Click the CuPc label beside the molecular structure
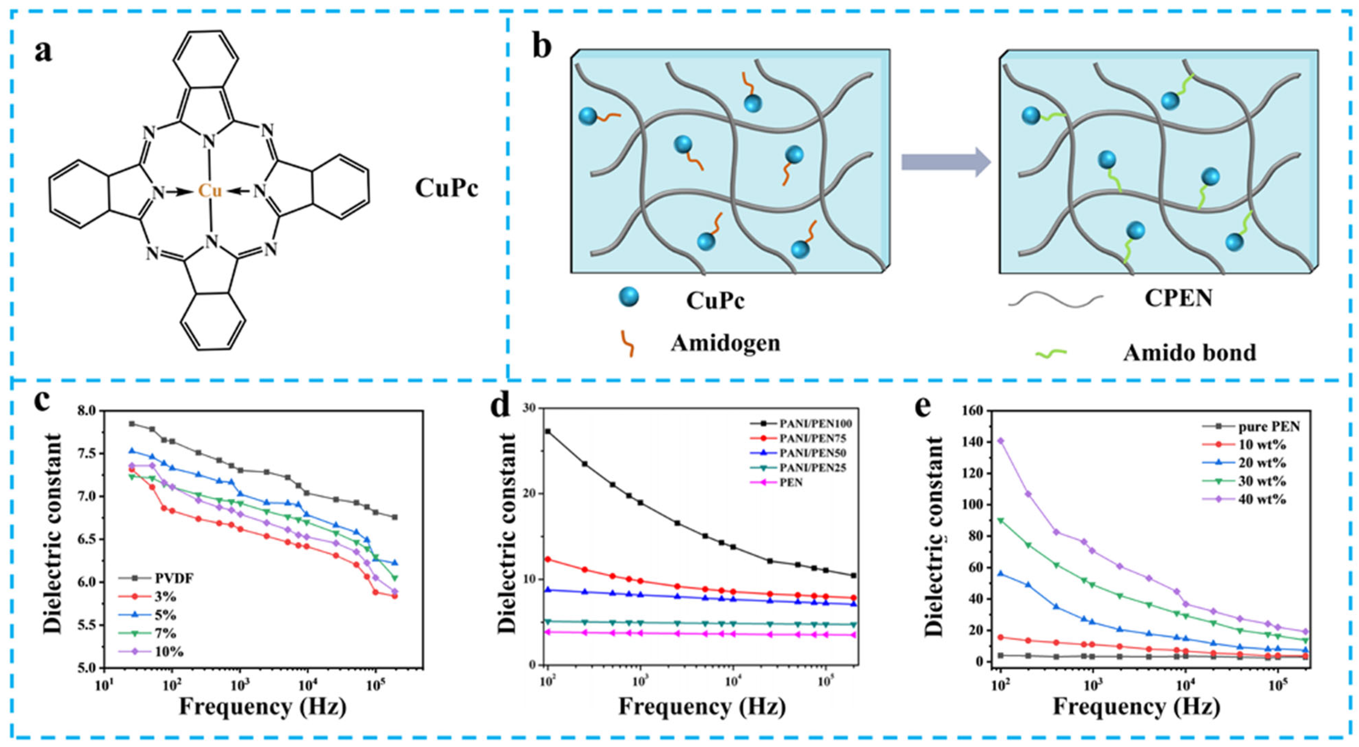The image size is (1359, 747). (x=446, y=188)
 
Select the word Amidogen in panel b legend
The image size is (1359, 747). (x=725, y=343)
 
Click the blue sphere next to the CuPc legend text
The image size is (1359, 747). (x=628, y=297)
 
